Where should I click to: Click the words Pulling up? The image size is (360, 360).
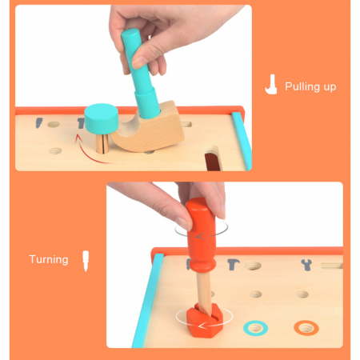click(x=310, y=87)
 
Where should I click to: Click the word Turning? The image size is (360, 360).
click(x=49, y=259)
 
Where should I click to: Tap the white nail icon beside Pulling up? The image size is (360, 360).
click(x=271, y=84)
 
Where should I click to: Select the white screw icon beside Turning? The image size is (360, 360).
click(x=86, y=261)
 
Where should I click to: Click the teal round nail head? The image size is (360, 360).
click(x=102, y=118)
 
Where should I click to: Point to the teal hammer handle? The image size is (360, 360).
click(x=139, y=73)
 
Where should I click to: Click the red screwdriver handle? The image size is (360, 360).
click(x=202, y=234)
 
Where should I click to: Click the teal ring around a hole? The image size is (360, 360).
click(x=255, y=328)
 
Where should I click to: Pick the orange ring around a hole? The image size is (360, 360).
click(x=306, y=328)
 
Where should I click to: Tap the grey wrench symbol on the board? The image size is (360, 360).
click(x=306, y=265)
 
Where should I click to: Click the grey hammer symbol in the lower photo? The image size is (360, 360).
click(x=234, y=265)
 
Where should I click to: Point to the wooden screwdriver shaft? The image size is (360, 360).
click(x=204, y=291)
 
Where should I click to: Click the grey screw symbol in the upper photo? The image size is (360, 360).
click(x=39, y=122)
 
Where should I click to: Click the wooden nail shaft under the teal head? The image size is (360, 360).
click(x=102, y=143)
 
